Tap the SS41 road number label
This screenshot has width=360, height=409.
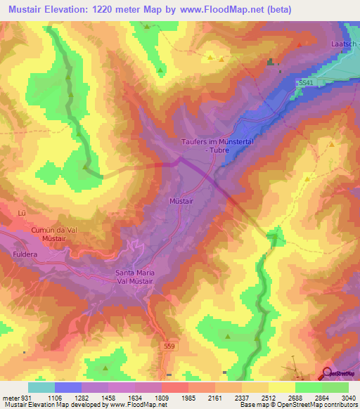(x=304, y=83)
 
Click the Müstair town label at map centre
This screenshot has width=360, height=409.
(x=181, y=201)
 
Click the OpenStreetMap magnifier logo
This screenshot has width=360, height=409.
(x=328, y=373)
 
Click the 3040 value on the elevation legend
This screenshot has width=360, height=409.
(x=347, y=397)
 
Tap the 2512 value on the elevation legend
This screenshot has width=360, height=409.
(x=267, y=397)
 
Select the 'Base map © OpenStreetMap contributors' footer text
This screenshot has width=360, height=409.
(x=297, y=405)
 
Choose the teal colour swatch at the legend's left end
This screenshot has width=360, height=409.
(x=41, y=387)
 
